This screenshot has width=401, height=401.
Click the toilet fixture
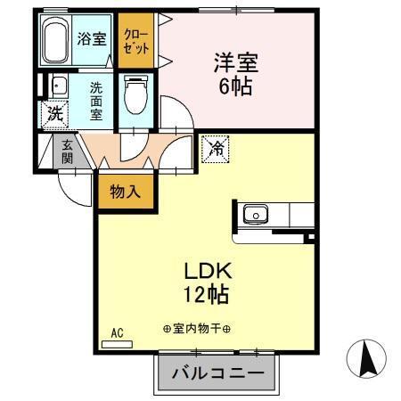[135, 96]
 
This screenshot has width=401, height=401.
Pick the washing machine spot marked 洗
[53, 114]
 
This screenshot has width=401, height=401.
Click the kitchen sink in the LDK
[255, 215]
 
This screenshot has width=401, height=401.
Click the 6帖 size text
[234, 87]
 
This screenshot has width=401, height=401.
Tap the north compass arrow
[364, 360]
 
